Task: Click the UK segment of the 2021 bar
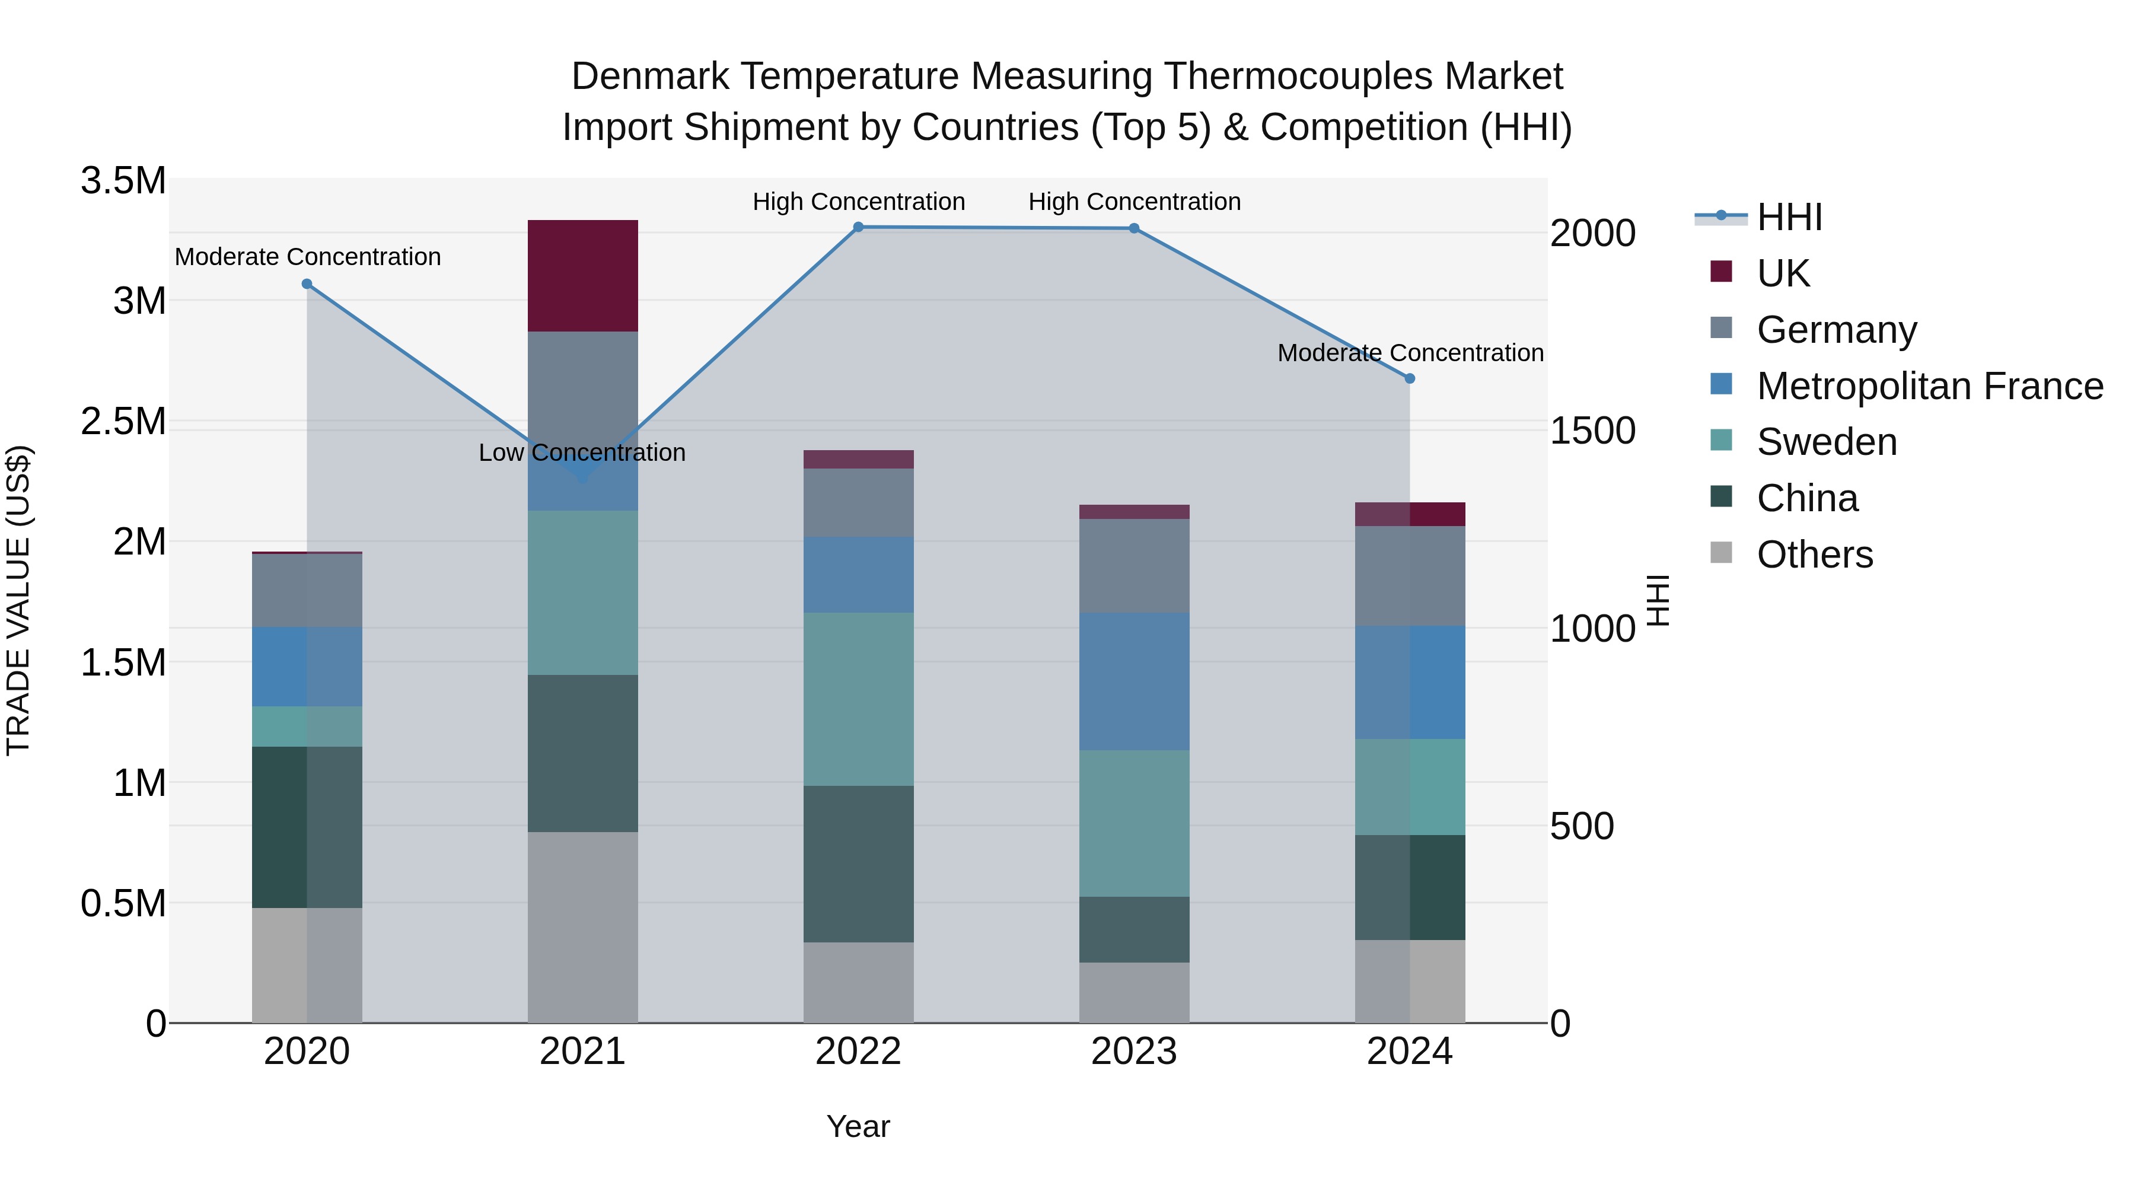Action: (582, 275)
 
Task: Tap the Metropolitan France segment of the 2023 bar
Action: (1134, 681)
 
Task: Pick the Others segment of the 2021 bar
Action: (582, 926)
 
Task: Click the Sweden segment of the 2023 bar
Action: (1134, 823)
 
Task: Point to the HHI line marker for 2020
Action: (307, 283)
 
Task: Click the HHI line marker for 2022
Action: (859, 227)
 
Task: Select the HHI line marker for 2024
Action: (1410, 378)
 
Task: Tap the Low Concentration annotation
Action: (582, 453)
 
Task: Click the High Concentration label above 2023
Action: (1134, 202)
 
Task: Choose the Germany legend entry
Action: (1836, 330)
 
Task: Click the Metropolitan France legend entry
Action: (1929, 386)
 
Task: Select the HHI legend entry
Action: (1789, 217)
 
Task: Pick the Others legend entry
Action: (1814, 555)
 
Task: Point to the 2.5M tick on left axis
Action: (123, 421)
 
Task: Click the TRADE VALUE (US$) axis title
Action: (18, 600)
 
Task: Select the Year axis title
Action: (858, 1126)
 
